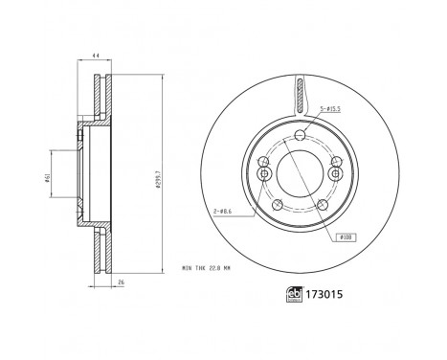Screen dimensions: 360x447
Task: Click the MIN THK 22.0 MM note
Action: tap(205, 267)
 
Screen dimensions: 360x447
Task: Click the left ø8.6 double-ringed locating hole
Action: tap(262, 173)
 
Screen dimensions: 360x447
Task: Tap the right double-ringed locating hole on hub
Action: tap(335, 173)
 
